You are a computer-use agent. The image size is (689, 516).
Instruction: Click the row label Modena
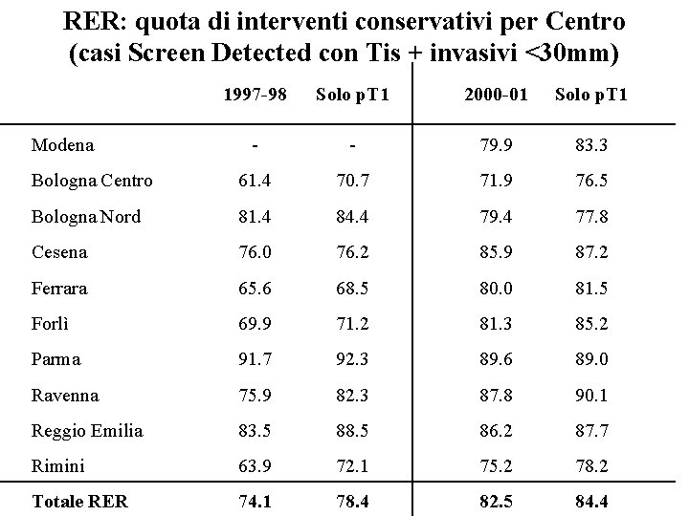tap(62, 145)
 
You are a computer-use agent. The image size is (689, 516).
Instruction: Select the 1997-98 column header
tap(255, 95)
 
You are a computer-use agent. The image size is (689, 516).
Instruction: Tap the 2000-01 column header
tap(496, 95)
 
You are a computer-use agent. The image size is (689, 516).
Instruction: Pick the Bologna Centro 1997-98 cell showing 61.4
tap(255, 181)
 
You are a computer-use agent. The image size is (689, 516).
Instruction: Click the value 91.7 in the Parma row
tap(255, 359)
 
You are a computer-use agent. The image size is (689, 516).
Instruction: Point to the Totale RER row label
tap(79, 502)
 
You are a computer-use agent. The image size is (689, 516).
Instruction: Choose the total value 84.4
tap(591, 502)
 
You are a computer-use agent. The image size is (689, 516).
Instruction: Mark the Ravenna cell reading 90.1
tap(591, 395)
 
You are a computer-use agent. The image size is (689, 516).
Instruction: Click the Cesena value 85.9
tap(495, 252)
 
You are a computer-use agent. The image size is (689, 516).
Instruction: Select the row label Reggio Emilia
tap(87, 431)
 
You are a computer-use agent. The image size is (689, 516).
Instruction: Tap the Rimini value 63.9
tap(255, 466)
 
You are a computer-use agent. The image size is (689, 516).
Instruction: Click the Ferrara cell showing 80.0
tap(495, 288)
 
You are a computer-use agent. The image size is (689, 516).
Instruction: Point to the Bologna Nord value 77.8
tap(591, 217)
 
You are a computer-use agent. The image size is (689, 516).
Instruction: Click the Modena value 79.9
tap(495, 145)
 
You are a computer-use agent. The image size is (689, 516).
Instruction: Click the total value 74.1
tap(255, 502)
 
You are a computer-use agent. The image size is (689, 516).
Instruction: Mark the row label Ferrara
tap(59, 288)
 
